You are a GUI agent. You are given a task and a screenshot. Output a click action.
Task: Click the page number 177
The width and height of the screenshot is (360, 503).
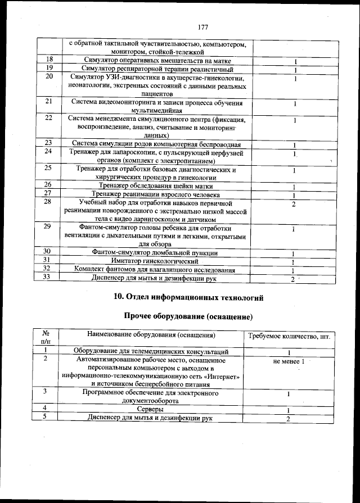click(203, 27)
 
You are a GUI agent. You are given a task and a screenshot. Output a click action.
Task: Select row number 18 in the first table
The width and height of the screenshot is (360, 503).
click(49, 61)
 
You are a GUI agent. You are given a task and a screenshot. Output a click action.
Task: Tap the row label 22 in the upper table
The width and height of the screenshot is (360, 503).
click(48, 118)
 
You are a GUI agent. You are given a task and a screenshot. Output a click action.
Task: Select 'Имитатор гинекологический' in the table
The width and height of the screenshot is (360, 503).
click(156, 261)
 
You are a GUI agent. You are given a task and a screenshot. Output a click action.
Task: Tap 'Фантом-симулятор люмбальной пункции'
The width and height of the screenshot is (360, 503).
click(156, 253)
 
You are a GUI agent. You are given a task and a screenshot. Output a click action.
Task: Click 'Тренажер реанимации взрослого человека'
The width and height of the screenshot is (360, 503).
click(156, 194)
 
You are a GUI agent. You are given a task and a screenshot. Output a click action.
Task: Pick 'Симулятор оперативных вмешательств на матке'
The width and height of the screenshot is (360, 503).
click(156, 61)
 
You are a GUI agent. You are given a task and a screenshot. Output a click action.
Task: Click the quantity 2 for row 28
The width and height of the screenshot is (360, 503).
click(294, 203)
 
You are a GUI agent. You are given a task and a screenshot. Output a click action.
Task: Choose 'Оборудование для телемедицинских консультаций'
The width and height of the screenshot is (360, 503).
click(151, 351)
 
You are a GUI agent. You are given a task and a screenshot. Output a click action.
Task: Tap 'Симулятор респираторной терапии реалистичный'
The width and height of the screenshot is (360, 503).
click(156, 69)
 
